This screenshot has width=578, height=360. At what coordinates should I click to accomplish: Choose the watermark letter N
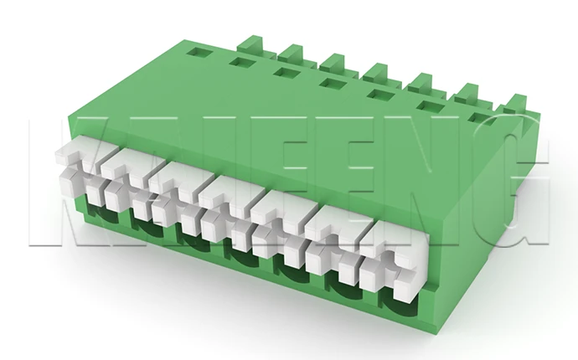point(436,181)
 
